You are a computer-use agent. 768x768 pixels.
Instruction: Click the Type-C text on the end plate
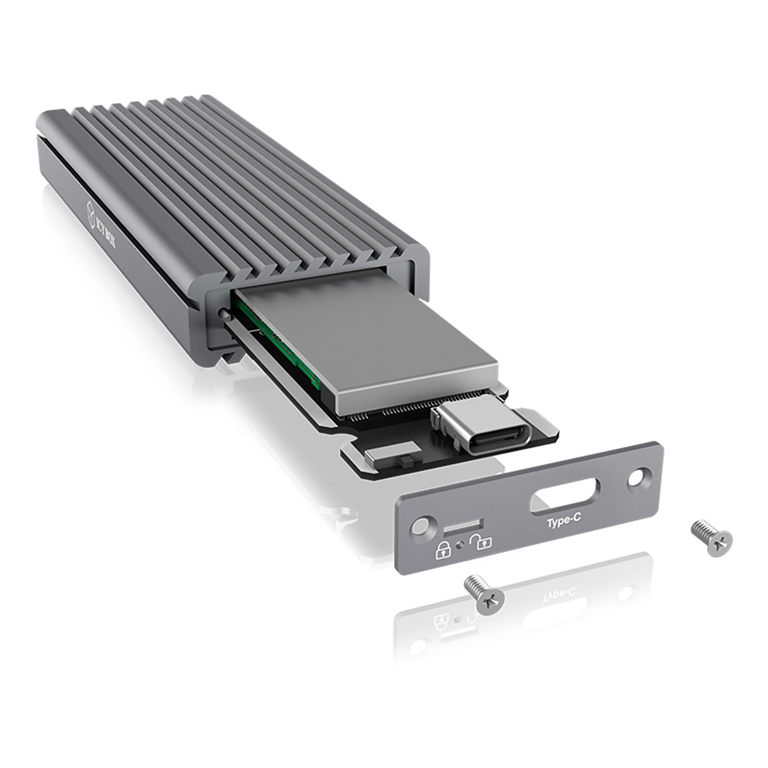563,523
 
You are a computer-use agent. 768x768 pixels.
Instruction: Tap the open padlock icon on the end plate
479,543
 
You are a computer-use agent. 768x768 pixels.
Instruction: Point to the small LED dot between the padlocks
461,545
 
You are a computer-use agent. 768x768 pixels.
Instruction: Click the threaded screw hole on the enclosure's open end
221,314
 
